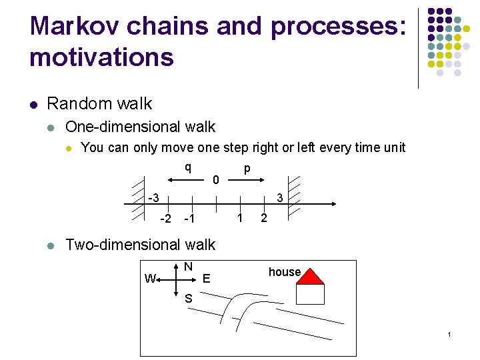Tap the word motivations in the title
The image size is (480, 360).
(101, 57)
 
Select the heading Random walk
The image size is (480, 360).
(99, 104)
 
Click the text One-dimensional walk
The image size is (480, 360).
(140, 127)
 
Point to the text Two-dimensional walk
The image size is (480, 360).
(140, 245)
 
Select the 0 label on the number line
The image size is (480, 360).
(215, 180)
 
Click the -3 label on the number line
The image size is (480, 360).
(153, 198)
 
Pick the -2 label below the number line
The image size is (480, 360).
(166, 219)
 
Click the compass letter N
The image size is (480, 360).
(189, 267)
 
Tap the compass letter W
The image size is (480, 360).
(150, 279)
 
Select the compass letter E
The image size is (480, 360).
(206, 279)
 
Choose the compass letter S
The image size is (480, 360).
(189, 299)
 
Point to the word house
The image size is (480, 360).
(285, 272)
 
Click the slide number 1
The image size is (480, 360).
(450, 333)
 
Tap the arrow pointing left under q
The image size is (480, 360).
(186, 179)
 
